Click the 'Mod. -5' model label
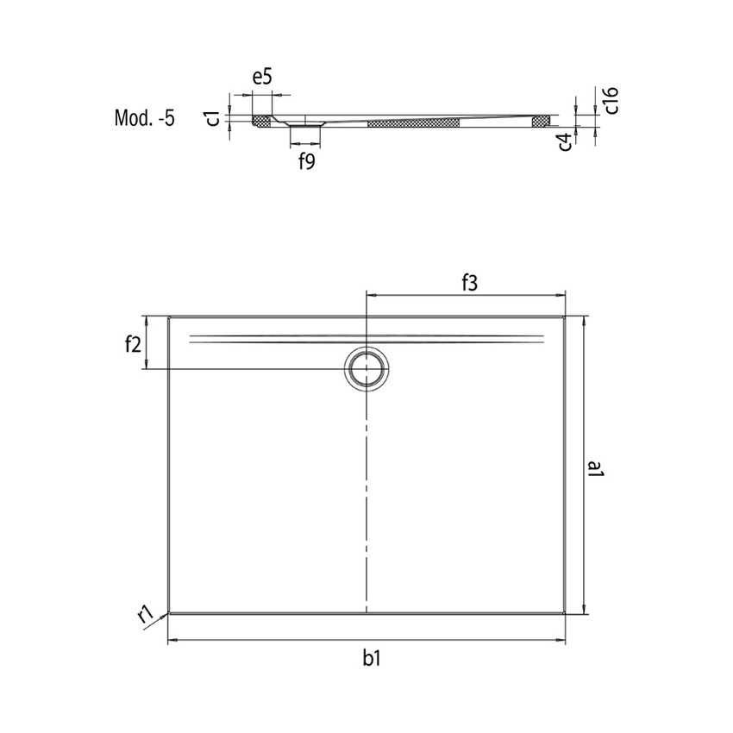(144, 118)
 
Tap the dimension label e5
(262, 77)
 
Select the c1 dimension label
(211, 118)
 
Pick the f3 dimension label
(469, 281)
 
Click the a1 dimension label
(595, 471)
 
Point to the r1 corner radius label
(146, 614)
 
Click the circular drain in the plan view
(368, 368)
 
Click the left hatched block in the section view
(261, 120)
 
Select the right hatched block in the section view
(541, 121)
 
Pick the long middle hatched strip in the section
(413, 123)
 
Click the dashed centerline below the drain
(368, 500)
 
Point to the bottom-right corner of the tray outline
(565, 613)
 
